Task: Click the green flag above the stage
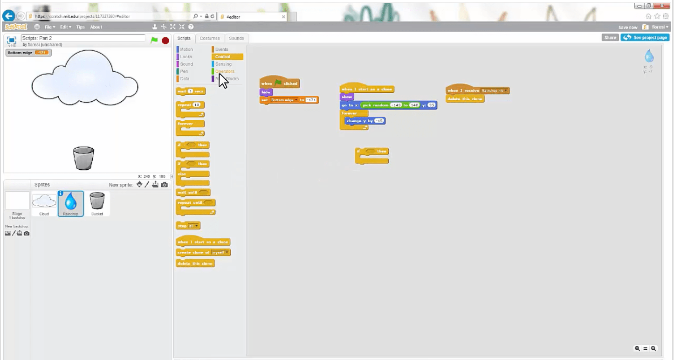tap(154, 40)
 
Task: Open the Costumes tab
tap(210, 38)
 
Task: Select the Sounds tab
tap(236, 38)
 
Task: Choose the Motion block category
tap(186, 49)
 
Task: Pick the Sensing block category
tap(223, 64)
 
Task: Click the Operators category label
tap(225, 71)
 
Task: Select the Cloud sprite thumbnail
tap(44, 202)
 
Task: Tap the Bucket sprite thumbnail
tap(97, 202)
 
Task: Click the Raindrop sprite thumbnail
tap(71, 202)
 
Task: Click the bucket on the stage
tap(83, 158)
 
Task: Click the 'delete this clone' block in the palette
tap(195, 263)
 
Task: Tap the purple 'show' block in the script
tap(347, 97)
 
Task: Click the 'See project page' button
tap(645, 37)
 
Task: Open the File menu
tap(49, 27)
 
